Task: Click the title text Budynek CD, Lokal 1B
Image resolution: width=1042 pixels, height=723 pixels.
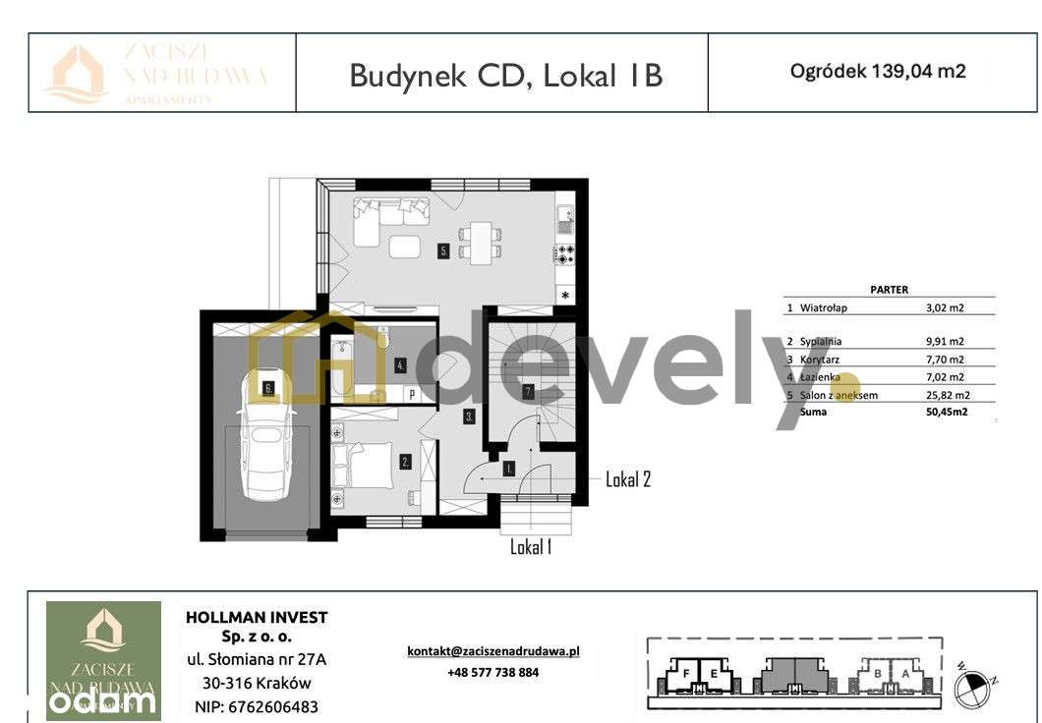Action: coord(505,75)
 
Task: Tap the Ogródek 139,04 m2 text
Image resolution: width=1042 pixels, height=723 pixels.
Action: coord(878,71)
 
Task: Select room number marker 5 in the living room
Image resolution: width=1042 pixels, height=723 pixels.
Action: coord(444,251)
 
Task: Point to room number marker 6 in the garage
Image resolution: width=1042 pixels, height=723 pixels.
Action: coord(268,388)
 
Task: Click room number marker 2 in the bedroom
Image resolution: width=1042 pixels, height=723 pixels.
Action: coord(404,459)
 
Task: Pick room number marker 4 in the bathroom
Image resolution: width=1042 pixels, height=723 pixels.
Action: coord(399,365)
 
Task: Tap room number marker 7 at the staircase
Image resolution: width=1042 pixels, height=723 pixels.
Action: coord(528,392)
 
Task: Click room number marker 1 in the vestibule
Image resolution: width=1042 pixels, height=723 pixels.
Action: coord(508,469)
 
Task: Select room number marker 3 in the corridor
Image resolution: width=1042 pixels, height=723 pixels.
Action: coord(470,417)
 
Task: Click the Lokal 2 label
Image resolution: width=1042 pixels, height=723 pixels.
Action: coord(627,479)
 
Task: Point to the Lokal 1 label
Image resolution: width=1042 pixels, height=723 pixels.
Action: coord(530,547)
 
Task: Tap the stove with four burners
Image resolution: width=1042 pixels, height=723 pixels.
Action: coord(566,254)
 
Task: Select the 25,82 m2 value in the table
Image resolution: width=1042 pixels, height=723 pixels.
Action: coord(945,395)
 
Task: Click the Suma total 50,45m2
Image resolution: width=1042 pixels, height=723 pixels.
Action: coord(947,413)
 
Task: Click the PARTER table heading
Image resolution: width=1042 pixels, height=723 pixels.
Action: coord(889,290)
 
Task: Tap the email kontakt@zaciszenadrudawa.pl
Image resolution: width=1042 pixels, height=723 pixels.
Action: coord(493,650)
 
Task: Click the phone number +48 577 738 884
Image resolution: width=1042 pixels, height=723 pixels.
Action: coord(492,673)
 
